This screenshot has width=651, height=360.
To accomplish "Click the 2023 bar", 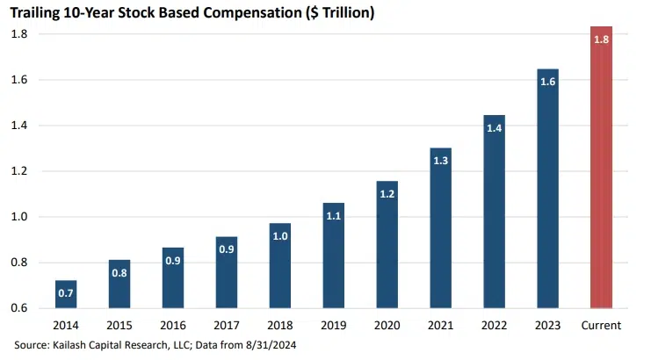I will point(547,189).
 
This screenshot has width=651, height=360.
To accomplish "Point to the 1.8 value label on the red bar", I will point(601,40).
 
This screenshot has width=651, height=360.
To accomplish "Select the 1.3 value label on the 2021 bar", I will point(441,161).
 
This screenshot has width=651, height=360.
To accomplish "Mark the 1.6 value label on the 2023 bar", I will point(547,82).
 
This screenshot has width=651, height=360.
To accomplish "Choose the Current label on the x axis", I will point(601,326).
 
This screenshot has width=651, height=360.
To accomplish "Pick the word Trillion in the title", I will point(327,13).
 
